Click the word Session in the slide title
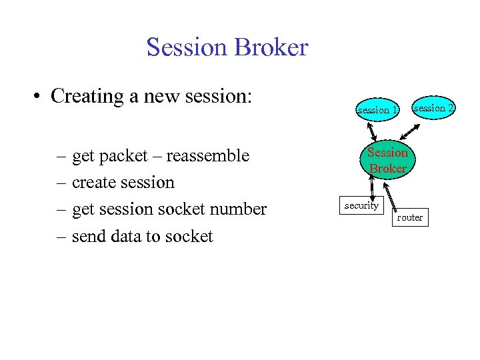185,47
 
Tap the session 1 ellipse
377,109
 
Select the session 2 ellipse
433,107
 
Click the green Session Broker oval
387,161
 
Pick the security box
361,206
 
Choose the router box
409,218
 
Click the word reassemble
207,156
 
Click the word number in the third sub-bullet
239,209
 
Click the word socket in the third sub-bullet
186,209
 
